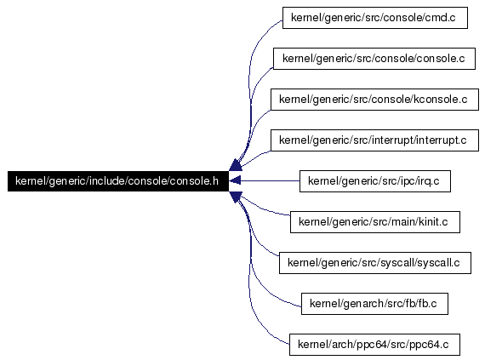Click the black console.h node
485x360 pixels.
tap(118, 181)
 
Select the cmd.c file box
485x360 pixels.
tap(375, 18)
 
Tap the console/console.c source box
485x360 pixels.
tap(374, 59)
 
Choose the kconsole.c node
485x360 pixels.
tap(374, 100)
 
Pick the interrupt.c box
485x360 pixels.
tap(374, 140)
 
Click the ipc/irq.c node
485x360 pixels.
tap(375, 181)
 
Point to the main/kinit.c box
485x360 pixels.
tap(375, 222)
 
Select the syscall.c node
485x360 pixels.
tap(375, 263)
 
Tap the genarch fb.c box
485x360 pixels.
tap(374, 303)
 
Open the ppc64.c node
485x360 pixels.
tap(374, 344)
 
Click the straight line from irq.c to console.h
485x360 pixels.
tap(270, 180)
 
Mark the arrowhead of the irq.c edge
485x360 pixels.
tap(235, 180)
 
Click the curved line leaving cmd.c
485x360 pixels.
tap(249, 77)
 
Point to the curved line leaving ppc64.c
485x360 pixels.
tap(249, 278)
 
